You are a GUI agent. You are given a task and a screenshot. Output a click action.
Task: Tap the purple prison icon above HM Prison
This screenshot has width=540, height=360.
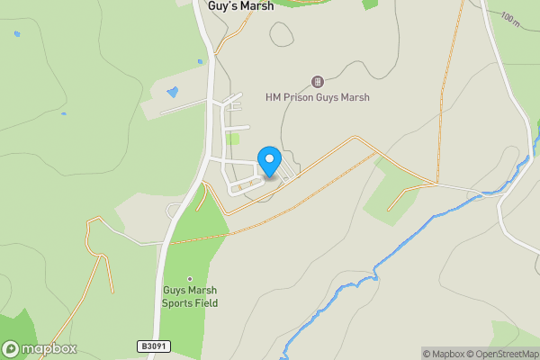pos(317,82)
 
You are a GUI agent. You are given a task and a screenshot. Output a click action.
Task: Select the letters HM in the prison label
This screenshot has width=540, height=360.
pos(274,97)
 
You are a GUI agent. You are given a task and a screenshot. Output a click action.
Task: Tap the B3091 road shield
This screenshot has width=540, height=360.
pos(154,346)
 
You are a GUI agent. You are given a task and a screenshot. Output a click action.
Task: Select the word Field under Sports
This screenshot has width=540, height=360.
pos(206,303)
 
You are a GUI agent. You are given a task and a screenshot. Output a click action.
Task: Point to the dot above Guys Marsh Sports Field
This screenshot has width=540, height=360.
pos(190,278)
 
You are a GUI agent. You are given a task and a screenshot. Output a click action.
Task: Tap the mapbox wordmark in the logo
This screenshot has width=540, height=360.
pos(49,349)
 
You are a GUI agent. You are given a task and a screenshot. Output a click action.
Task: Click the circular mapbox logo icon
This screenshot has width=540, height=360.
pos(12,349)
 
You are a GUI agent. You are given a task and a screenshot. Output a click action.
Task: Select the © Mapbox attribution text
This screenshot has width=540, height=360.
pos(443,354)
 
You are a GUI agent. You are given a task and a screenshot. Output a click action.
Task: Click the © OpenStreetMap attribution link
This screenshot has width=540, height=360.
pos(501,354)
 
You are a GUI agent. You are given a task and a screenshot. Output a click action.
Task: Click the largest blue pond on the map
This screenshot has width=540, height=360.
pos(173,92)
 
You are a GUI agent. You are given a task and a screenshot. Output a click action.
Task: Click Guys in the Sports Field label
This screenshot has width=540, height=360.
pos(175,291)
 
